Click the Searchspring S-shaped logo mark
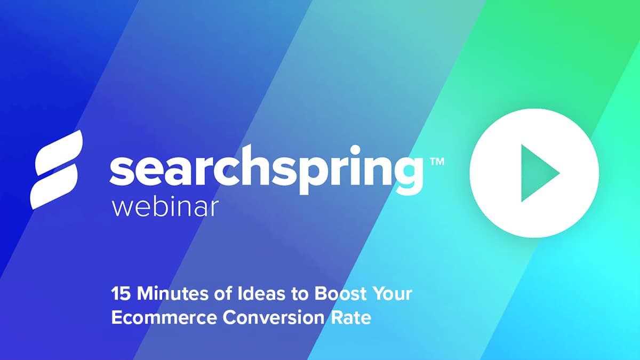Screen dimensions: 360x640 coord(57,169)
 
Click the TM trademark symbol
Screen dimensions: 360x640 coord(436,162)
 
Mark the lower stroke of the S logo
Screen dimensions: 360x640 coord(54,187)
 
